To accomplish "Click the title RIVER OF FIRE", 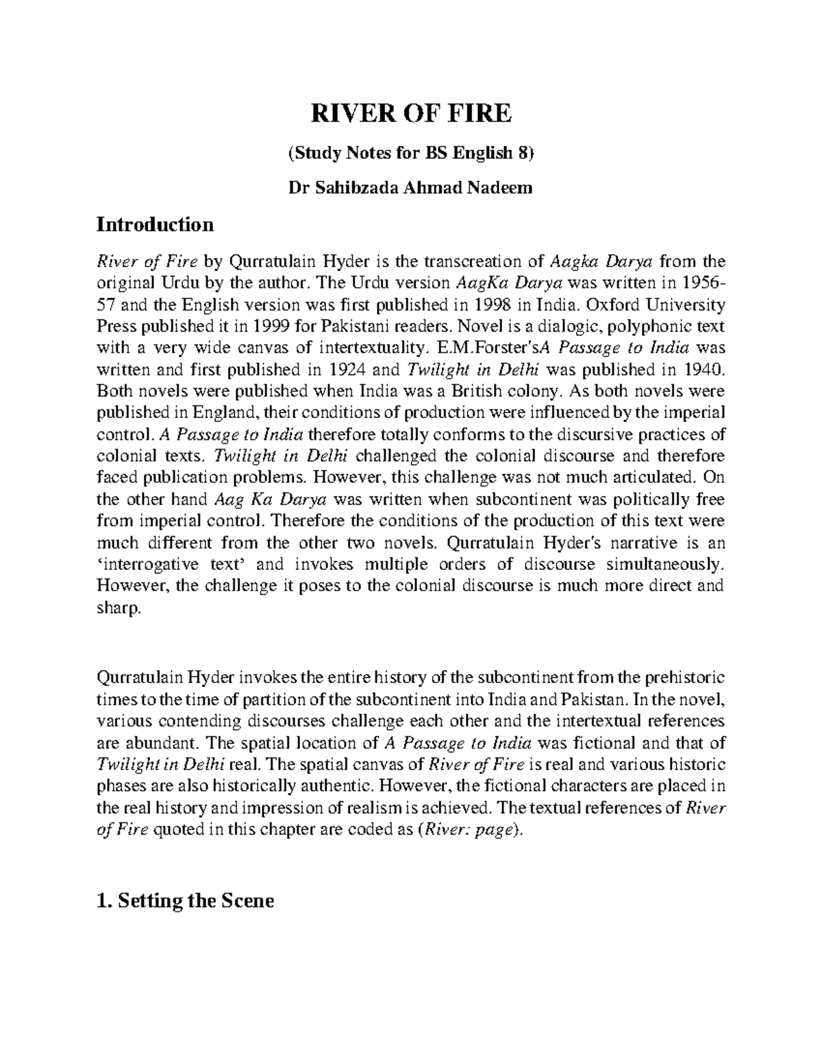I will pos(411,113).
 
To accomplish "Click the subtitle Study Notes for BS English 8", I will pos(411,153).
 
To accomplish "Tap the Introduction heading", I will pos(155,224).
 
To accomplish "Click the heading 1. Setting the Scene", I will pos(186,900).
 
